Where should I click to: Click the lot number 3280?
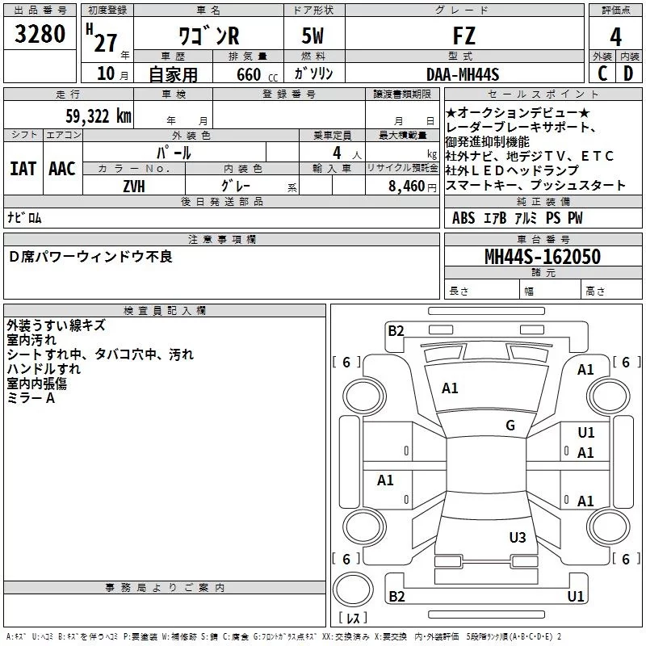pos(40,35)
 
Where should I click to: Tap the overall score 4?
pos(615,36)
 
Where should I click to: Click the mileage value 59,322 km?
pos(98,116)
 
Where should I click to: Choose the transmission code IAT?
pos(23,169)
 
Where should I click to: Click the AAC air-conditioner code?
pos(62,169)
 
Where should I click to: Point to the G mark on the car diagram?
pos(510,426)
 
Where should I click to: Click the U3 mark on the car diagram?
pos(518,537)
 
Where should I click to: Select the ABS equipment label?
pos(464,219)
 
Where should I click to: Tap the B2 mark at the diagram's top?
pos(396,329)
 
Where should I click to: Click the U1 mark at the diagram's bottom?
pos(576,597)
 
